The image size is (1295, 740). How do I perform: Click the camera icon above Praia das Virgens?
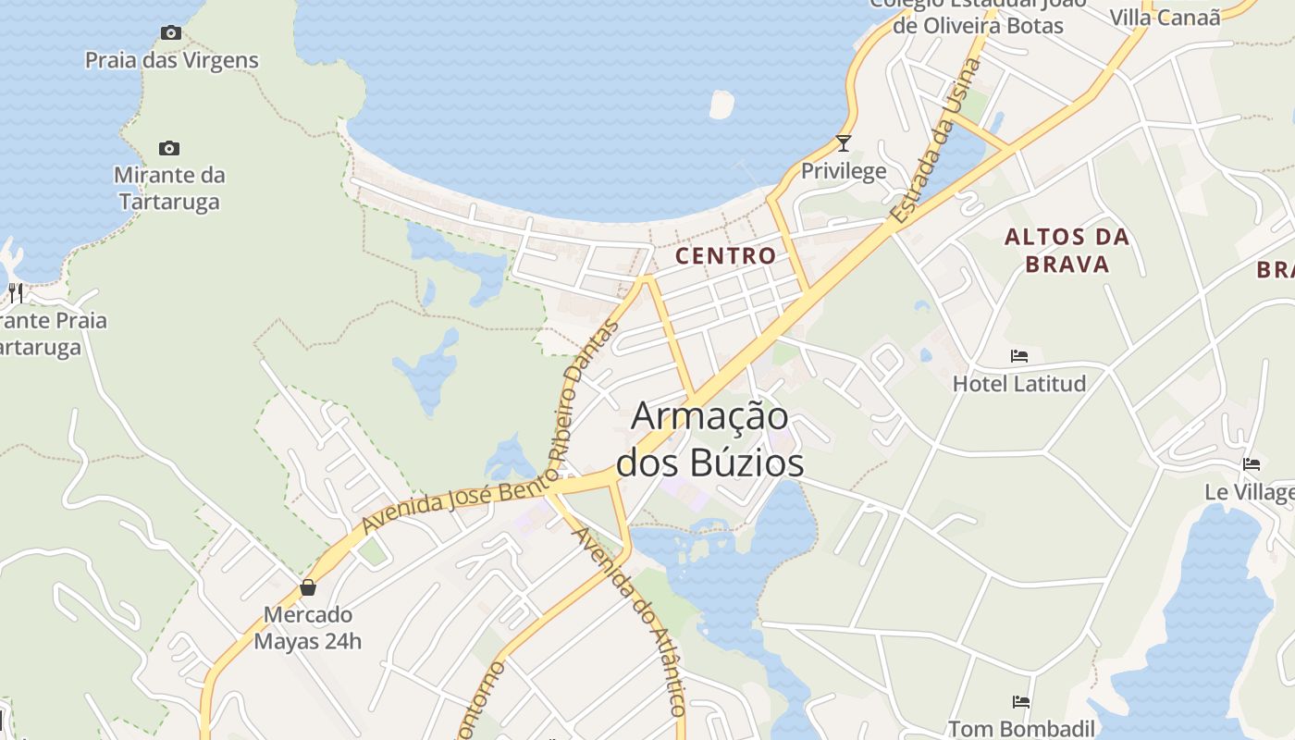(x=171, y=33)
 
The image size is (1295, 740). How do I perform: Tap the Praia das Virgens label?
(x=172, y=61)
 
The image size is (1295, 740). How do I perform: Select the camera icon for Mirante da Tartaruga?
(x=168, y=148)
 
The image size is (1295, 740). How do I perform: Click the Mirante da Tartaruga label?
(x=169, y=188)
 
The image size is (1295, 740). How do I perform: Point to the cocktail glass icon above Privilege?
(x=843, y=143)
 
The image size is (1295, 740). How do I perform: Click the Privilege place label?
(x=844, y=171)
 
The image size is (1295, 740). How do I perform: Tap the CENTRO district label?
(x=726, y=255)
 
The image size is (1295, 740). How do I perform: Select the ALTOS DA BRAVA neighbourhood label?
(x=1067, y=251)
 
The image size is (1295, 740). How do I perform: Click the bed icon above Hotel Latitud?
(x=1019, y=356)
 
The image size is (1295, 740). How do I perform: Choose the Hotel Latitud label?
(x=1019, y=383)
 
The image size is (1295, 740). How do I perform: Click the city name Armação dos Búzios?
(x=710, y=438)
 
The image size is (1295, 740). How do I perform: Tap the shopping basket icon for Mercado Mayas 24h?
(x=308, y=587)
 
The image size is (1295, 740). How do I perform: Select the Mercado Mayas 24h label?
(x=308, y=627)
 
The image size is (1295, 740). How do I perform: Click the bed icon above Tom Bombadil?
(x=1021, y=702)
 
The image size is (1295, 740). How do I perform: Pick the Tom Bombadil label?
(x=1021, y=729)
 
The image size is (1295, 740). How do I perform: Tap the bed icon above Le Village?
(x=1252, y=464)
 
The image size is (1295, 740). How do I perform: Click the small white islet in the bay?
(x=721, y=105)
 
